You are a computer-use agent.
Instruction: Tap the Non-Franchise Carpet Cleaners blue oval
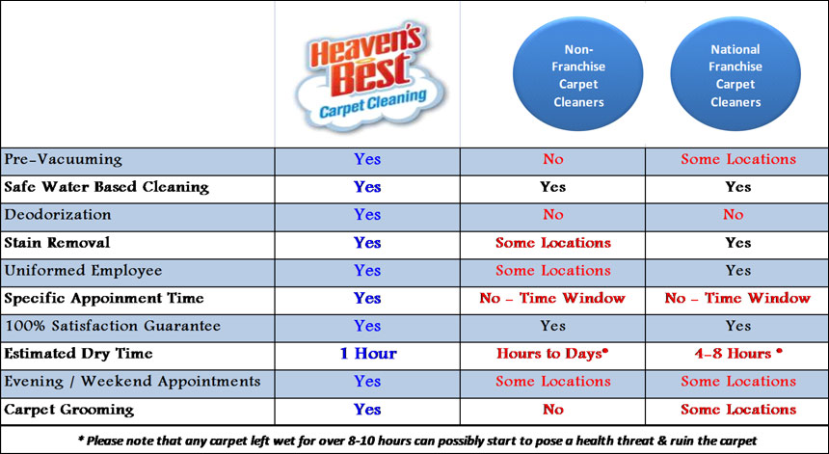pos(577,74)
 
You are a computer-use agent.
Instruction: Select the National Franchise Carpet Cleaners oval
pos(735,74)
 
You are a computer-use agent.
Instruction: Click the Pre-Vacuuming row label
pos(64,160)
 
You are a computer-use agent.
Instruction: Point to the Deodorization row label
pos(58,215)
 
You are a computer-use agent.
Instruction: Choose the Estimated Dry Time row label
pos(79,353)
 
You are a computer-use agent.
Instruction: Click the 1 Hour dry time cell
pos(368,353)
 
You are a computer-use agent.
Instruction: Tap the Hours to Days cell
pos(552,354)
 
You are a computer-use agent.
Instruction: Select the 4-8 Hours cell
pos(738,353)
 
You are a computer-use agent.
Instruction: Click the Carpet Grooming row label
pos(69,410)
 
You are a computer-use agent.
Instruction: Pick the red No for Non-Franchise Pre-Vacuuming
pos(552,160)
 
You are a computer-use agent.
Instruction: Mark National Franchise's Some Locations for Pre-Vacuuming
pos(738,160)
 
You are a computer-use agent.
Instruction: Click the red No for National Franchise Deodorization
pos(734,215)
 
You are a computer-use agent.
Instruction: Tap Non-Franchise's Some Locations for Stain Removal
pos(553,243)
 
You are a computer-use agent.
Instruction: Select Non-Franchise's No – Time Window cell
pos(552,298)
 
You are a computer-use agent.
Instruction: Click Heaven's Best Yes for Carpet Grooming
pos(367,410)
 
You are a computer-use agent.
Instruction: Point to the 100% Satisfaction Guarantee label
pos(113,326)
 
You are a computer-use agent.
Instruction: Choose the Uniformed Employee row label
pos(83,271)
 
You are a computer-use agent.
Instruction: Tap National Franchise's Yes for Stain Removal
pos(738,243)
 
